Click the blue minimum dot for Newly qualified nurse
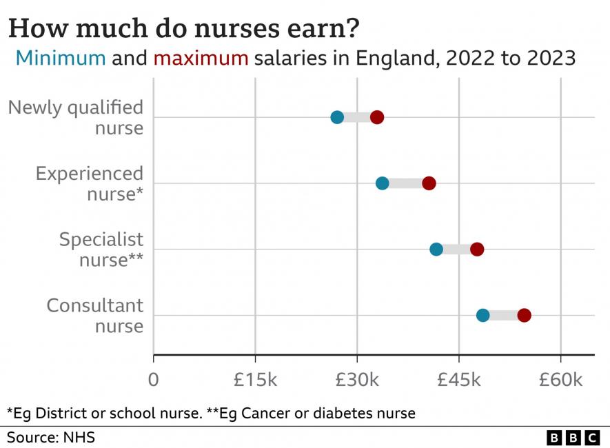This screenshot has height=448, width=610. pyautogui.click(x=337, y=117)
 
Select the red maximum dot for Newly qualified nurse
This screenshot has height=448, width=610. pyautogui.click(x=376, y=117)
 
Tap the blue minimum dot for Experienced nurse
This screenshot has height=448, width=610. pyautogui.click(x=383, y=183)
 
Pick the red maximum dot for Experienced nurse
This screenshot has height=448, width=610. pyautogui.click(x=429, y=183)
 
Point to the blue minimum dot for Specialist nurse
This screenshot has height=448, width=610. pyautogui.click(x=436, y=250)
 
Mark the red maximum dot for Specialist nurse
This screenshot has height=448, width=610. pyautogui.click(x=477, y=250)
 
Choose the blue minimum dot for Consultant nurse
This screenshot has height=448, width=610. pyautogui.click(x=482, y=316)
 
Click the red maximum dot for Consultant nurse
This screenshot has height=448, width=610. pyautogui.click(x=524, y=316)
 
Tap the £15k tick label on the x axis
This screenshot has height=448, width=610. pyautogui.click(x=255, y=380)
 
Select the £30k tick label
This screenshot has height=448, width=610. pyautogui.click(x=357, y=380)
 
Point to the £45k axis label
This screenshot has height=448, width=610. pyautogui.click(x=459, y=380)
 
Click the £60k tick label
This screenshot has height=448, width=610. pyautogui.click(x=560, y=380)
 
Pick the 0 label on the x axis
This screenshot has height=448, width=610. pyautogui.click(x=153, y=380)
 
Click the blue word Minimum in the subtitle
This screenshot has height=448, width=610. pyautogui.click(x=61, y=57)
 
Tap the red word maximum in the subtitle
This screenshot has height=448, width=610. pyautogui.click(x=200, y=57)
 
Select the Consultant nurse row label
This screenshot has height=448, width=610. pyautogui.click(x=95, y=315)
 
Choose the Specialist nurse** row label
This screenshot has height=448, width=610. pyautogui.click(x=101, y=250)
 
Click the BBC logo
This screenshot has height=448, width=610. pyautogui.click(x=573, y=438)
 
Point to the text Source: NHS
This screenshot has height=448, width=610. pyautogui.click(x=51, y=438)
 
